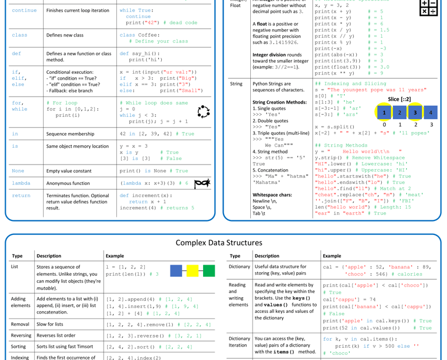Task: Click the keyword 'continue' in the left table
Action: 24,10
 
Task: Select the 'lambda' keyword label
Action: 21,183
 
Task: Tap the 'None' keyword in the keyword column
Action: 18,171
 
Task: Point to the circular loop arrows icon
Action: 204,112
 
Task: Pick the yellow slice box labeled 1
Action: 384,112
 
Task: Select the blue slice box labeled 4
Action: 430,112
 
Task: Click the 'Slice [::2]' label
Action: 399,99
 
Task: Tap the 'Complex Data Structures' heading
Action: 219,243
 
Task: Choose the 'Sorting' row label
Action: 20,347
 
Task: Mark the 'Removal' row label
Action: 21,324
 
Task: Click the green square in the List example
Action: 208,270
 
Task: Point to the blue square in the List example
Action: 176,270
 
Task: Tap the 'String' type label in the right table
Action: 236,84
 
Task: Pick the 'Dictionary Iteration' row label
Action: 239,342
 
